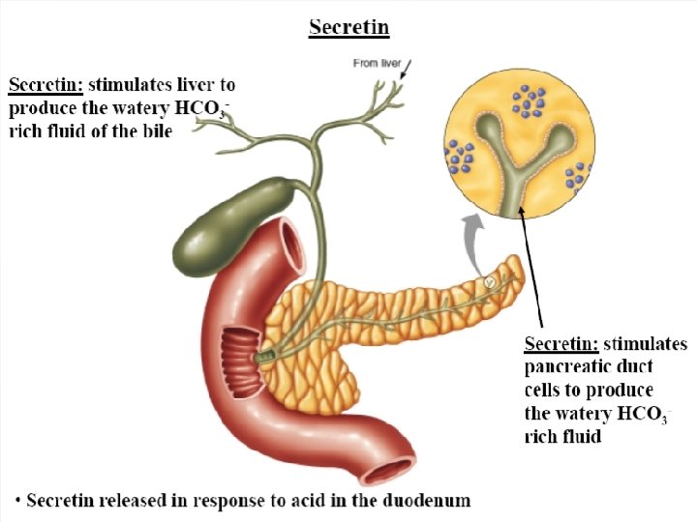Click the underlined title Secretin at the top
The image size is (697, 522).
coord(348,26)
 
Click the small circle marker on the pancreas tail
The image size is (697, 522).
coord(490,281)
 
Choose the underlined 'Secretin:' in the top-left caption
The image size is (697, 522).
coord(45,85)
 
